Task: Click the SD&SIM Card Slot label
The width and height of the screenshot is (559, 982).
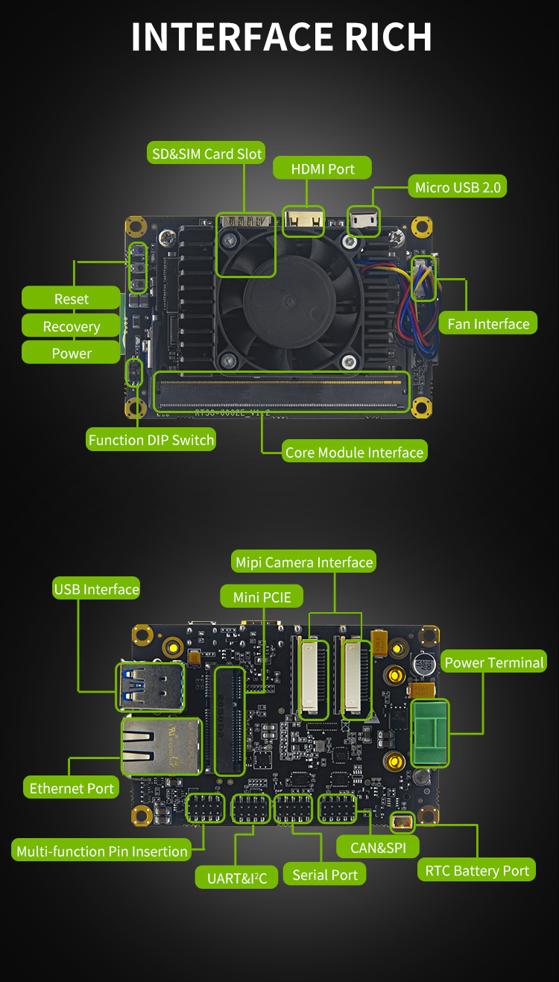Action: pyautogui.click(x=206, y=154)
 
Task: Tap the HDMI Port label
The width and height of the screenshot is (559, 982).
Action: pyautogui.click(x=322, y=169)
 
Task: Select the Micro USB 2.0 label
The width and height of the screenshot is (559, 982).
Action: pyautogui.click(x=458, y=187)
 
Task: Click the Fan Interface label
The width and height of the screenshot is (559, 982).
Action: pyautogui.click(x=488, y=324)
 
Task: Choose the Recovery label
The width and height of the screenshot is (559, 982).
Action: pyautogui.click(x=71, y=327)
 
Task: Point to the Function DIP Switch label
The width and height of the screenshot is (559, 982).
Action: pyautogui.click(x=151, y=440)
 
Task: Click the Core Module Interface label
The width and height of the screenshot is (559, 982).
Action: pyautogui.click(x=354, y=453)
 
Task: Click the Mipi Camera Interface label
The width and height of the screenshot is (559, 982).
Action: pyautogui.click(x=303, y=562)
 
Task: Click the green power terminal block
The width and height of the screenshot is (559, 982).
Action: pyautogui.click(x=430, y=732)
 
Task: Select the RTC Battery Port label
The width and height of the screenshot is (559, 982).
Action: pyautogui.click(x=477, y=871)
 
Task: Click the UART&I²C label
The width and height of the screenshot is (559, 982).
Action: pyautogui.click(x=237, y=878)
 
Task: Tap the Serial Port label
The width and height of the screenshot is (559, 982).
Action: pyautogui.click(x=325, y=875)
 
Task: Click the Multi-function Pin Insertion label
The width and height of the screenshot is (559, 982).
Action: pyautogui.click(x=102, y=852)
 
